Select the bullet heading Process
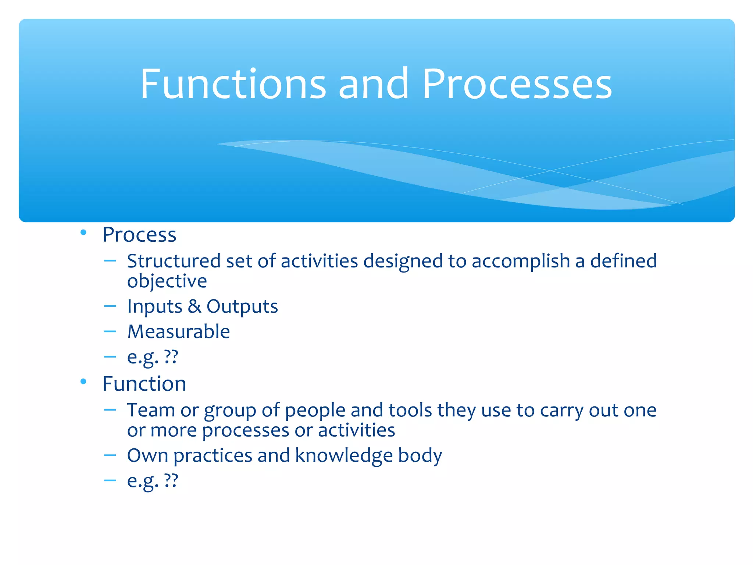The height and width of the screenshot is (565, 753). pos(139,235)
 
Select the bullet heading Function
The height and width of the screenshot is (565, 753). pos(144,384)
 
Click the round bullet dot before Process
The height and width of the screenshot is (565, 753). pos(83,232)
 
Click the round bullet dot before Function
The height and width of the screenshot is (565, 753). pos(83,381)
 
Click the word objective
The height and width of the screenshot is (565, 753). pos(167,281)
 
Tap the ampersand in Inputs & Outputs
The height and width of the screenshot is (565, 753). pos(194,306)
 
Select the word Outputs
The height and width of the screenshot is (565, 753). pos(242,307)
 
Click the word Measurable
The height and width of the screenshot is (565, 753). pos(178,331)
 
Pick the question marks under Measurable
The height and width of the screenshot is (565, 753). pos(171,356)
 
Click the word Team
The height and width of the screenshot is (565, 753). pos(151,410)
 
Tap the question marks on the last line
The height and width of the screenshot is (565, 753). pos(171,480)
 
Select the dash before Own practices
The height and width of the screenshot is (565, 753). pos(110,455)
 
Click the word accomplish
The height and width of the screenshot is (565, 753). pos(521,262)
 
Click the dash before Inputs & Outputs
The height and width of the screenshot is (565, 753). pos(110,306)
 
